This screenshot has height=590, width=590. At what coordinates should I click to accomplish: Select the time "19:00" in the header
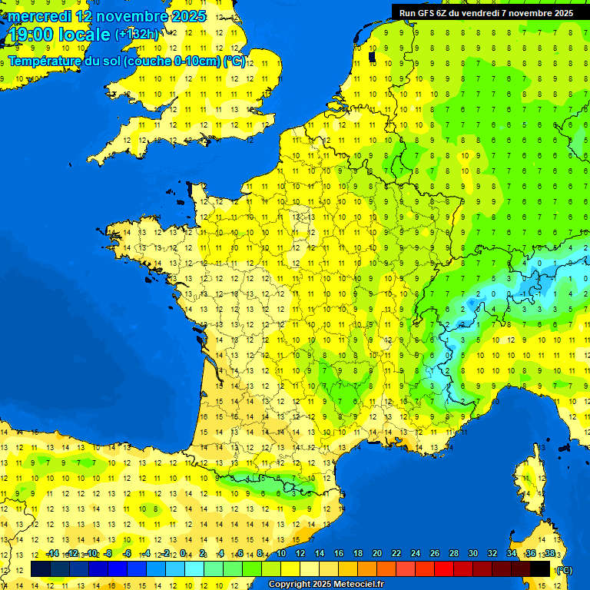click(x=31, y=35)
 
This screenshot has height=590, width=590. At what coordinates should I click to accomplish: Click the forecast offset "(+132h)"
click(x=137, y=35)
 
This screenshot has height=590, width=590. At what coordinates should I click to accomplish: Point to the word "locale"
click(x=84, y=35)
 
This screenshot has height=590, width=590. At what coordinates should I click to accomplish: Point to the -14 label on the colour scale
click(x=52, y=553)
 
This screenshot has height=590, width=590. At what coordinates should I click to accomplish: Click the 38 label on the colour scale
click(x=549, y=553)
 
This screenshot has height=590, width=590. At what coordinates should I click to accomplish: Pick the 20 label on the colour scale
click(x=377, y=553)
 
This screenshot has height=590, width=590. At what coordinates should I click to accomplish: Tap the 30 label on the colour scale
click(x=472, y=553)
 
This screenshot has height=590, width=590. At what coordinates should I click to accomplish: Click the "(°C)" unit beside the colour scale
click(x=565, y=570)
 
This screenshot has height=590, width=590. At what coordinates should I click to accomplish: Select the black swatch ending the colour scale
click(x=540, y=569)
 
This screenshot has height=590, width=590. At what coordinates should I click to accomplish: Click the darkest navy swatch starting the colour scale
click(x=41, y=569)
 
